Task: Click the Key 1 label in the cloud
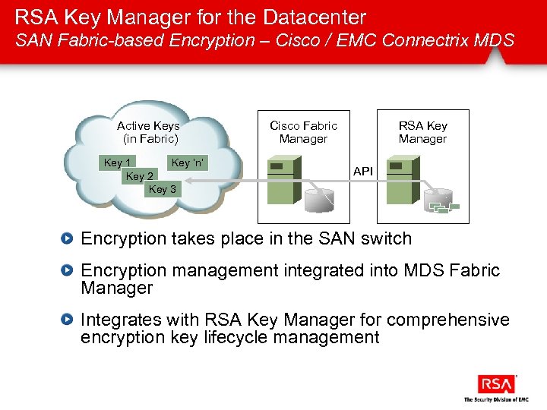point(118,162)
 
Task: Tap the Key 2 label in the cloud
point(140,176)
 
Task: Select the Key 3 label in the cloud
point(163,189)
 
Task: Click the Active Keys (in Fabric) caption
point(149,132)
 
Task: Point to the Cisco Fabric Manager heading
point(303,132)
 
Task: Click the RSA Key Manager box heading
point(423,132)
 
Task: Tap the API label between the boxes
point(363,172)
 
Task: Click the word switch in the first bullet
point(386,238)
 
